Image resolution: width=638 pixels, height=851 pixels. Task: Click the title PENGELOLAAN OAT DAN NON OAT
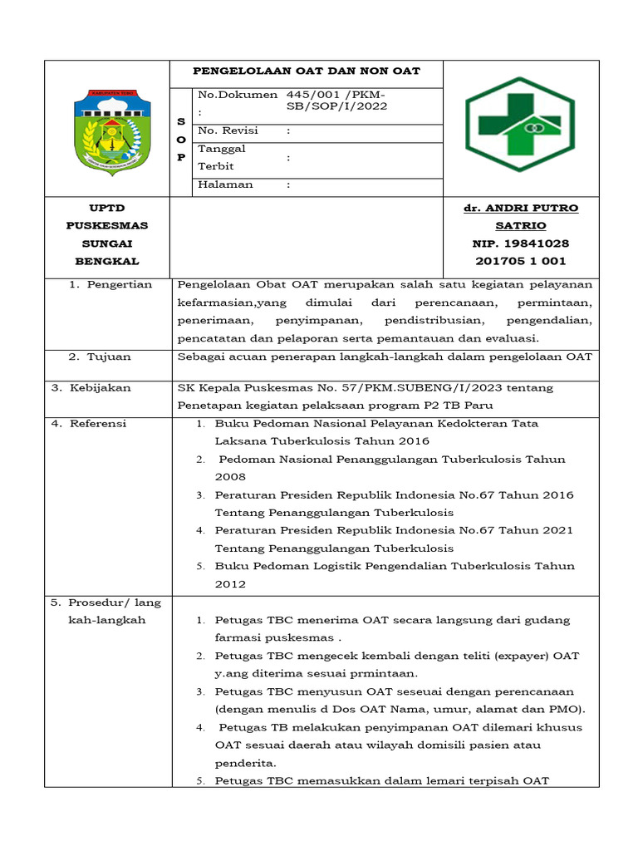[x=307, y=71]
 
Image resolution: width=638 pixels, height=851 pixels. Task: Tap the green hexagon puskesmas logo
[x=519, y=125]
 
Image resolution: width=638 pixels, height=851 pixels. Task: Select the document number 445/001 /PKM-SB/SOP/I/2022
[x=336, y=101]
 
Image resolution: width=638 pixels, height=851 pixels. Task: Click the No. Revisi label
[x=228, y=130]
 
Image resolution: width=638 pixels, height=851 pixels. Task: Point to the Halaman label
[x=225, y=184]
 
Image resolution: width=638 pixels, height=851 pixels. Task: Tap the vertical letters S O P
[x=181, y=140]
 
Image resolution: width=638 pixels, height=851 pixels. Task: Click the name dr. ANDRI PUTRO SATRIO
[x=521, y=216]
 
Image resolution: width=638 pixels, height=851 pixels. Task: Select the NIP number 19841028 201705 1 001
[x=521, y=253]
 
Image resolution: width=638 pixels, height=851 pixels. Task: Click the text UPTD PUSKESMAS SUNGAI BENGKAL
[x=106, y=234]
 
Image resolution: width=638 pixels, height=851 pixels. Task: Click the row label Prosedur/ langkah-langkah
[x=106, y=611]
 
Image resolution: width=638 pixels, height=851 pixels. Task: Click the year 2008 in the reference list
[x=230, y=477]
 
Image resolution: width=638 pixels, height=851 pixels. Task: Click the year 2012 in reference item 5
[x=230, y=584]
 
